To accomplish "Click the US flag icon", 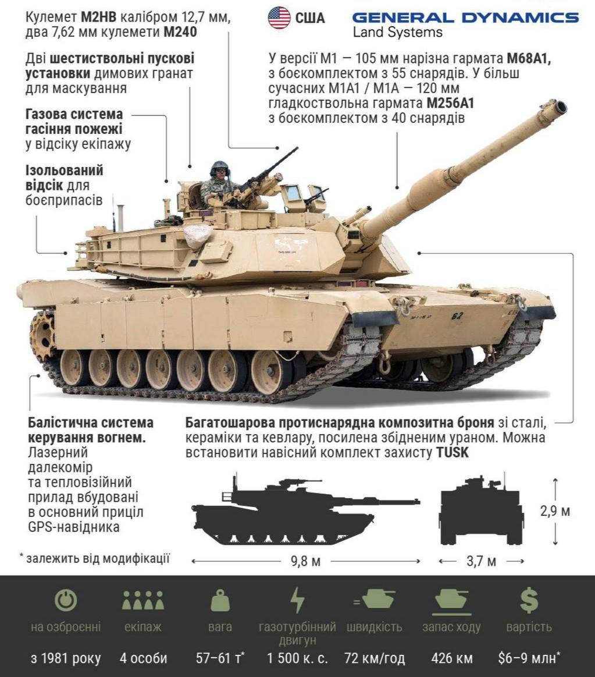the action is (279, 18).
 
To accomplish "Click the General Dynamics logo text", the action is (465, 17).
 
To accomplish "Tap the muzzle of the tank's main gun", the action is (559, 107).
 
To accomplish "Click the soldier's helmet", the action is (220, 166).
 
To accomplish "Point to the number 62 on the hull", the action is (457, 316).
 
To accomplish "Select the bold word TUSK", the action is (452, 452).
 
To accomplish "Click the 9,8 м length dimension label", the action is (305, 561).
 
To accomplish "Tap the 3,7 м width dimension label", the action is (481, 561).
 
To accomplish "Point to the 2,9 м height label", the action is (555, 511).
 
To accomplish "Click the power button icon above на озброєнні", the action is (66, 600).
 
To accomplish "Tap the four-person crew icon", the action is (143, 600).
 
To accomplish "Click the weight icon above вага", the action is (220, 601).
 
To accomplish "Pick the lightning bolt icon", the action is (297, 600).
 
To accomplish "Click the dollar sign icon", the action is (529, 600).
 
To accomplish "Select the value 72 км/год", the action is (375, 658).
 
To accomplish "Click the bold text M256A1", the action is (450, 103).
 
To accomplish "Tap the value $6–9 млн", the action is (529, 658).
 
